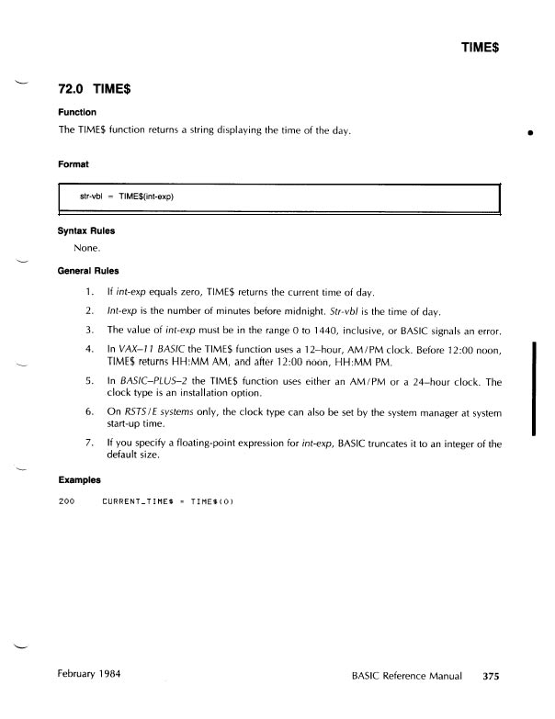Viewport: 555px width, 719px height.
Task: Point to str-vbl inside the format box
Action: coord(91,197)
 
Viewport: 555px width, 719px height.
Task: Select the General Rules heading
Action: coord(90,271)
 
